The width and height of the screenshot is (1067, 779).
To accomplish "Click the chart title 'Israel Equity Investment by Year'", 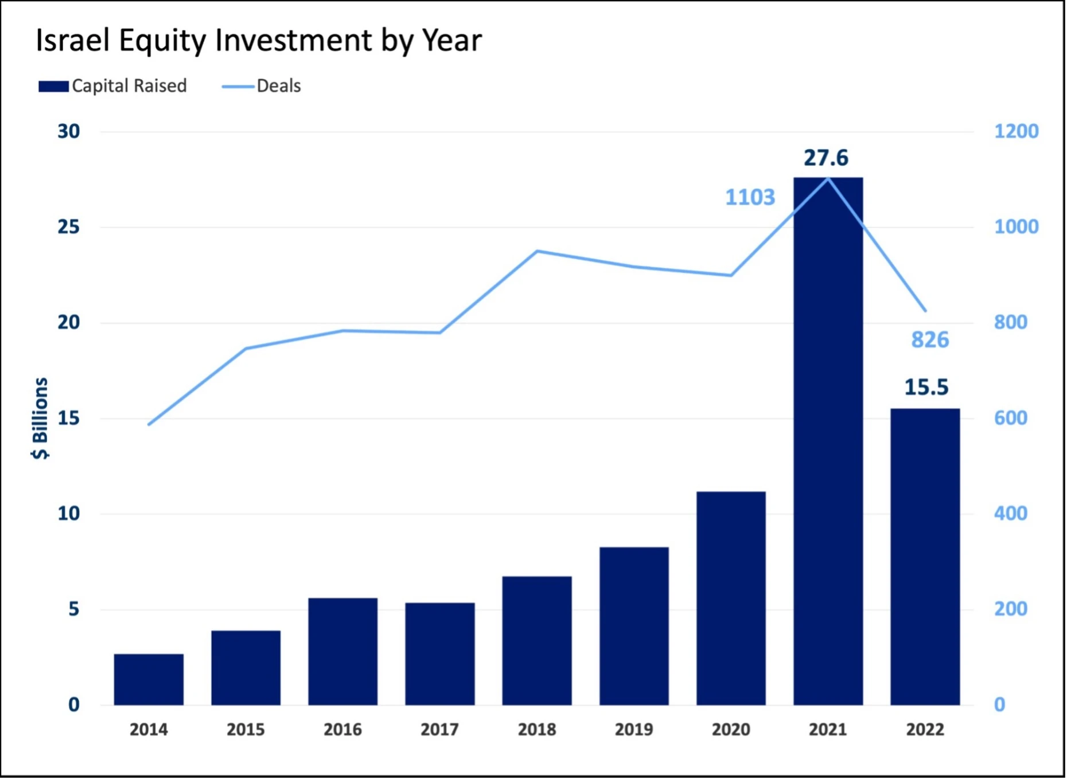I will click(258, 40).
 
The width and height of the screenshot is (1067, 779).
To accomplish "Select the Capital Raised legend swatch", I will click(53, 87).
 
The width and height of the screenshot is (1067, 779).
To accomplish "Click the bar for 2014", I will click(149, 679).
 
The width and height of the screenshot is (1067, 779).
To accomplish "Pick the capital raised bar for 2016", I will click(342, 651).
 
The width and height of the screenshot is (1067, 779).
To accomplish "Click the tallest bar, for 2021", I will click(828, 441).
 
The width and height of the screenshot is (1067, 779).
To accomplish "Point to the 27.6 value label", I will click(825, 158).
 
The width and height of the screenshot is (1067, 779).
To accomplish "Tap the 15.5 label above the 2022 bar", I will click(926, 387).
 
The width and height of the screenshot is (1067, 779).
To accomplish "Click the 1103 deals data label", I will click(750, 197).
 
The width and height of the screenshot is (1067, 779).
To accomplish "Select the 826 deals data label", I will click(930, 340).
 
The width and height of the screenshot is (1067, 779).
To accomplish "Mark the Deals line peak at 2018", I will click(537, 251).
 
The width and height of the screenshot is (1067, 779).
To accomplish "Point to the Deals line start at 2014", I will click(149, 424).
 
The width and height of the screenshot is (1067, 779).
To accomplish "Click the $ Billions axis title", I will click(40, 418).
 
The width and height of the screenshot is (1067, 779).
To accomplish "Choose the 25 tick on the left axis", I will click(68, 227).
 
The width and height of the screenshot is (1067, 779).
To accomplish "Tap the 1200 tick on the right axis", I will click(1015, 131).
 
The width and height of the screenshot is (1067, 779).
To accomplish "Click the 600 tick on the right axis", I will click(1010, 418).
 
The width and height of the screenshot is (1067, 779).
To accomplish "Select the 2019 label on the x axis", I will click(634, 729).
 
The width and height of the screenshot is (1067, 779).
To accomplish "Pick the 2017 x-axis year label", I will click(439, 729).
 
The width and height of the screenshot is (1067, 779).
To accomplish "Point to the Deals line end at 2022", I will click(925, 311).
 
